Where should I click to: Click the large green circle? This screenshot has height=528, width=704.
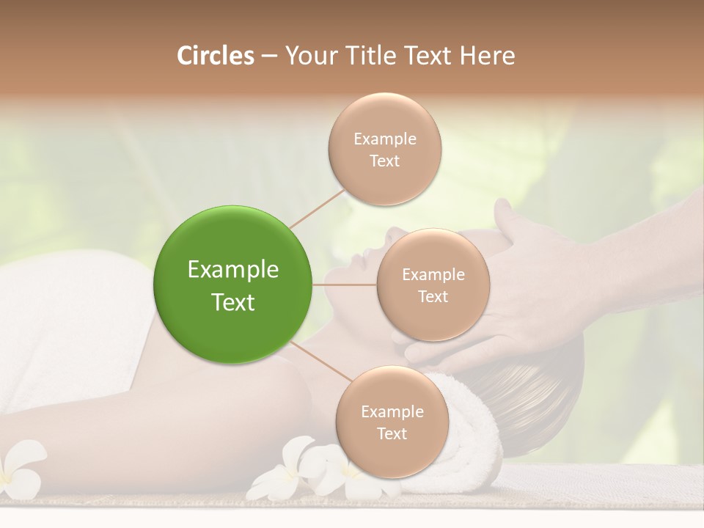[233, 285]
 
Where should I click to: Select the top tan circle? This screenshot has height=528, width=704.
[385, 149]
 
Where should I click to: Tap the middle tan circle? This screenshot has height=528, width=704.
[433, 285]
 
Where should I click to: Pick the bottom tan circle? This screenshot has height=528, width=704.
[392, 422]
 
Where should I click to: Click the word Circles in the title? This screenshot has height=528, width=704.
[216, 55]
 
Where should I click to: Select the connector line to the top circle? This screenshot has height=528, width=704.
[317, 207]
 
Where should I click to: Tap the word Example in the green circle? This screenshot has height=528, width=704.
[233, 270]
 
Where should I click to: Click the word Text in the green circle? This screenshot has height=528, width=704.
[233, 302]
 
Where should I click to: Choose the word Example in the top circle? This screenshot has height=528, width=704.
[385, 139]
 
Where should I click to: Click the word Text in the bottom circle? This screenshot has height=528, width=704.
[392, 433]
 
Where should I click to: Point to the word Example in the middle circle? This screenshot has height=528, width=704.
[433, 274]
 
